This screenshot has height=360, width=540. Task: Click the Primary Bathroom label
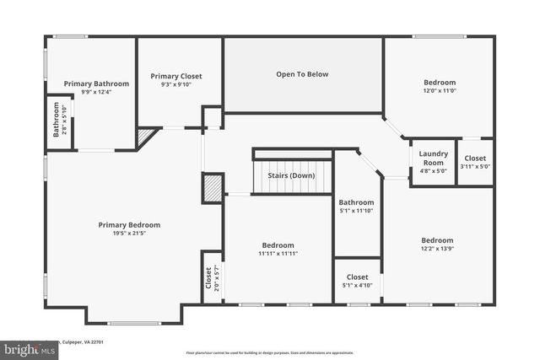point(96,83)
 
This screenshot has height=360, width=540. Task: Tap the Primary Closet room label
point(176,76)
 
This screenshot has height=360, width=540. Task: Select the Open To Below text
point(302,74)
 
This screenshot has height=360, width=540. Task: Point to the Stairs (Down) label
point(292,175)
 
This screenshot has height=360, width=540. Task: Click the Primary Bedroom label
point(129,225)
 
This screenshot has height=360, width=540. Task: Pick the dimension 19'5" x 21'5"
point(129,234)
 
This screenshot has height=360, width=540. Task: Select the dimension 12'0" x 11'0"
point(439,91)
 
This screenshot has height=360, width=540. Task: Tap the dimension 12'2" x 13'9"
point(437,249)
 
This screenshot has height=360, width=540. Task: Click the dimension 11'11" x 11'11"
point(278,253)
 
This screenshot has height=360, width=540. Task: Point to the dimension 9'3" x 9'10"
point(176,84)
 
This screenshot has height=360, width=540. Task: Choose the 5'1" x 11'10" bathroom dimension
point(356,211)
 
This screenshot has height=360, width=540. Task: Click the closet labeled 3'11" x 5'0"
point(475,162)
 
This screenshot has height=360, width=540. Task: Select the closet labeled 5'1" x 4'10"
point(357,281)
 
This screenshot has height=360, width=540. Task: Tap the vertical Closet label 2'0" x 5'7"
point(211,279)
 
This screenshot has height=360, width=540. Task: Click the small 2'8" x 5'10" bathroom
point(59,120)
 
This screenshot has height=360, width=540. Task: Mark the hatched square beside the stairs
point(213,187)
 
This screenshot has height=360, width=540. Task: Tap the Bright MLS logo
point(25,348)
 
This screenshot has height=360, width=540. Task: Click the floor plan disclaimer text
point(270,352)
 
